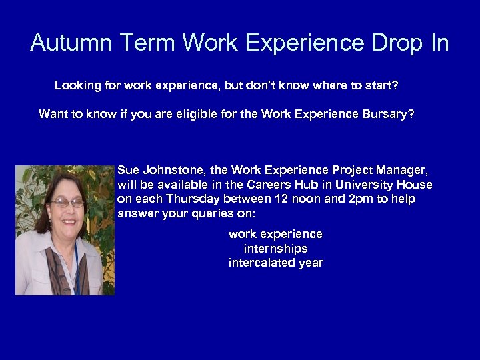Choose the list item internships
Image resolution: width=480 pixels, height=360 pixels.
click(x=275, y=249)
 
